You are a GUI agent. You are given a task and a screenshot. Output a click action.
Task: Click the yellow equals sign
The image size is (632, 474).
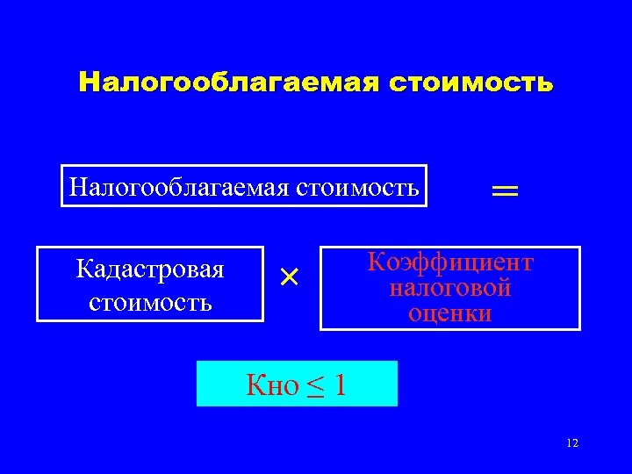(x=504, y=190)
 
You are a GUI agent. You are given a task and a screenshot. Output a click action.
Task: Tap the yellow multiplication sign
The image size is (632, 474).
(x=290, y=277)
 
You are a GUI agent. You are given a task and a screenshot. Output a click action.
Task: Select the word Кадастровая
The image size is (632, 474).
(x=150, y=269)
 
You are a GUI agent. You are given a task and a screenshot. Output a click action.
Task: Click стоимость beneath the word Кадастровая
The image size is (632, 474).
(x=150, y=302)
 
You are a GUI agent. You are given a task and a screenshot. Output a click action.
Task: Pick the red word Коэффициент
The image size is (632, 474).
(x=450, y=262)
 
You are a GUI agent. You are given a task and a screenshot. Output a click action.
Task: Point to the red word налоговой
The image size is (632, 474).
(x=450, y=287)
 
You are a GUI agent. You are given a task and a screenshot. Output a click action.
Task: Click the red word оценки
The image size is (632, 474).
(x=450, y=312)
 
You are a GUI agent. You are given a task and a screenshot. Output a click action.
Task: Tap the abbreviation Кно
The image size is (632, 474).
(x=273, y=385)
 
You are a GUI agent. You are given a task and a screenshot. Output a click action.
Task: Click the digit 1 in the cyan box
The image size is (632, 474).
(x=340, y=385)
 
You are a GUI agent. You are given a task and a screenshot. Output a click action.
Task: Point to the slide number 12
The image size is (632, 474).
(x=572, y=443)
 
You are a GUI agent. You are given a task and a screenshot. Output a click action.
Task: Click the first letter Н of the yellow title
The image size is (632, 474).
(x=88, y=83)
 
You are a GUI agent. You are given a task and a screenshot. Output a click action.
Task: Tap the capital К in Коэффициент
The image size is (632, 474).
(x=376, y=262)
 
